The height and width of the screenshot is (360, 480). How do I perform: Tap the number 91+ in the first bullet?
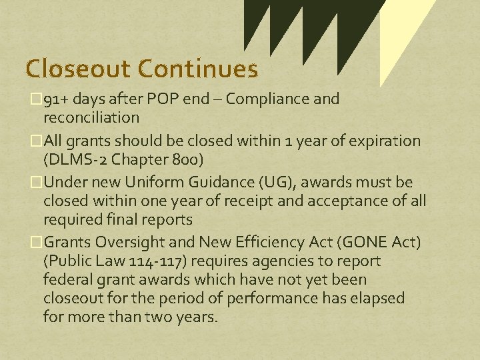(54, 99)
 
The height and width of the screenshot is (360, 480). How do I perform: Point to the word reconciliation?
(91, 117)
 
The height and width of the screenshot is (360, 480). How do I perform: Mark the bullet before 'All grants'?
(37, 141)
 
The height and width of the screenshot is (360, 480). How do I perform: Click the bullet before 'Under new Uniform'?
(37, 183)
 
